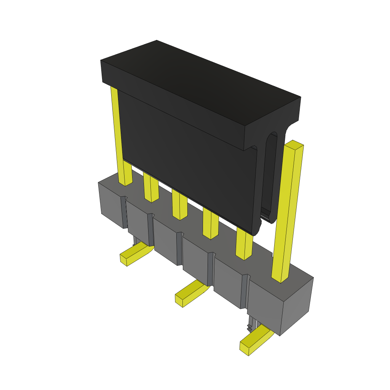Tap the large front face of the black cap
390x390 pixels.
187,160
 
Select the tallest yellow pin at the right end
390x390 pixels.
288,213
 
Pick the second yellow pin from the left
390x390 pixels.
151,189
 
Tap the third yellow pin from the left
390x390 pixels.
179,206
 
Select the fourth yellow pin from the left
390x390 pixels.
210,225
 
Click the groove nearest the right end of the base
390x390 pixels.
244,291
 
